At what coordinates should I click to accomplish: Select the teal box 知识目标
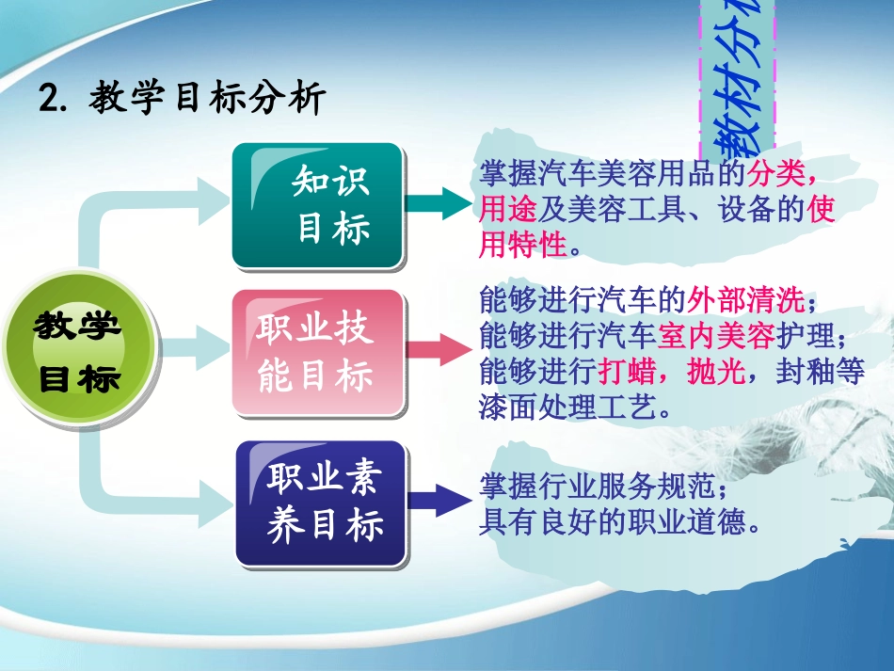click(317, 204)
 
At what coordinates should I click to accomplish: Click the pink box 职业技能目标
click(317, 352)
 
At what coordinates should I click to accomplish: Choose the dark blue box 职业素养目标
click(320, 503)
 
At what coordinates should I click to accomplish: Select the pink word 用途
click(508, 209)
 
